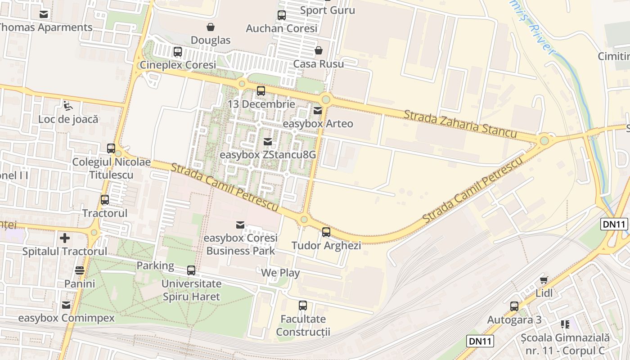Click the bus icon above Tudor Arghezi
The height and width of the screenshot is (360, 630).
click(326, 232)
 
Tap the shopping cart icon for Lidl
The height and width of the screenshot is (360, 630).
click(544, 280)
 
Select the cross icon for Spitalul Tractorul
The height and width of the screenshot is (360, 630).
click(65, 238)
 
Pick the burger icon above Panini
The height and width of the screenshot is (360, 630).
click(80, 270)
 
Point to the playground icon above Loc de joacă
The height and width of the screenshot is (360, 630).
click(68, 106)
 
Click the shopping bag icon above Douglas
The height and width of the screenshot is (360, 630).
click(210, 27)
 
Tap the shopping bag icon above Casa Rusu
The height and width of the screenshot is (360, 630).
click(319, 50)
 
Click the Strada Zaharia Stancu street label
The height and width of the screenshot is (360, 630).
click(460, 123)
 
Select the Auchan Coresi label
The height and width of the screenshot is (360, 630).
click(282, 28)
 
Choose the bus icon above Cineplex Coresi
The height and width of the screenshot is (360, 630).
click(178, 52)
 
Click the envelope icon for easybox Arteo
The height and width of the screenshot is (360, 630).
click(318, 110)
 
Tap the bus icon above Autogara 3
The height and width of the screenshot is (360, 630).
click(514, 306)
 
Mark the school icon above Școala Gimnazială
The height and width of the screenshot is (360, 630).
click(565, 324)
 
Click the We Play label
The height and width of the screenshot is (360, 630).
click(280, 273)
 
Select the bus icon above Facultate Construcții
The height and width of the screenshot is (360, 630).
click(303, 306)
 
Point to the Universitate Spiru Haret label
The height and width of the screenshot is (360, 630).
click(191, 290)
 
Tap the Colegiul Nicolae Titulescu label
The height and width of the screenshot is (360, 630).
click(111, 168)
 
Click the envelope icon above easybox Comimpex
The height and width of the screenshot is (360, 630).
click(66, 305)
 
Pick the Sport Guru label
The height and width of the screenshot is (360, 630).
click(328, 10)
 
